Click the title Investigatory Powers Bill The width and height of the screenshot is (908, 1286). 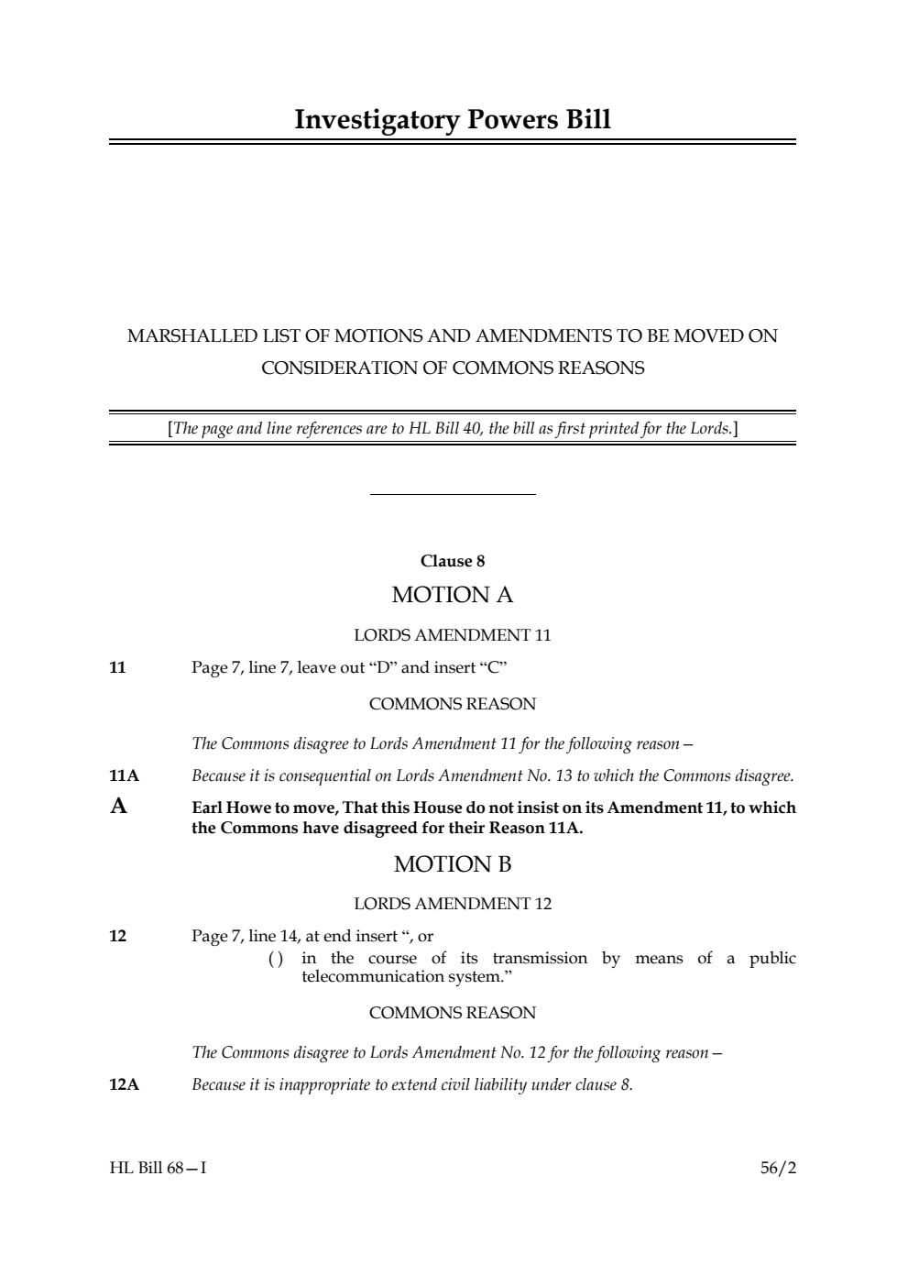pos(453,120)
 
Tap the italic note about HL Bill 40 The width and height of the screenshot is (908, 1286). pos(453,428)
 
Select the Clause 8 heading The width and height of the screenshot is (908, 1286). pos(453,561)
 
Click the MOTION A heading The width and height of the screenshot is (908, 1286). pos(453,595)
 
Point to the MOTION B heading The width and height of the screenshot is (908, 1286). pos(453,864)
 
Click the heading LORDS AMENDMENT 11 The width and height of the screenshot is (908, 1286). pos(453,635)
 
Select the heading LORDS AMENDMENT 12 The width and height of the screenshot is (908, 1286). pos(453,904)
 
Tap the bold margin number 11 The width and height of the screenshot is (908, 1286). pos(117,667)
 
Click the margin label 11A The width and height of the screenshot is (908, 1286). pos(124,776)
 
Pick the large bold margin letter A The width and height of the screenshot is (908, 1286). pos(118,807)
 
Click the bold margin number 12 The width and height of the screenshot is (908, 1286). pos(117,936)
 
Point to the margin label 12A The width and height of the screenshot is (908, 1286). pos(124,1085)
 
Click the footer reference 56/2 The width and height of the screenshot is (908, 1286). pos(778,1168)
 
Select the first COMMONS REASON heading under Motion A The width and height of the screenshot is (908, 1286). pos(453,704)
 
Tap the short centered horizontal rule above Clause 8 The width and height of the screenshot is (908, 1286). pos(453,495)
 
